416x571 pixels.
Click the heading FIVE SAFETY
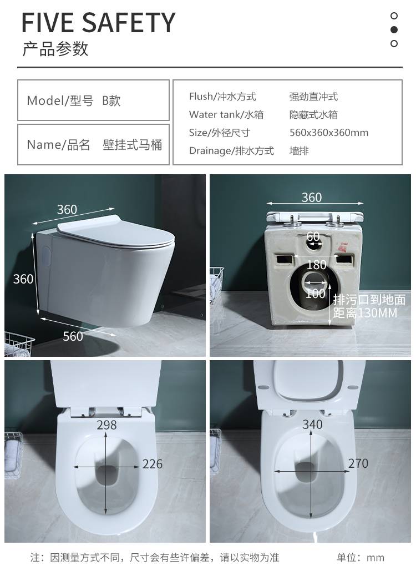pyautogui.click(x=98, y=23)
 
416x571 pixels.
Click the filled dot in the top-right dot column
pyautogui.click(x=394, y=29)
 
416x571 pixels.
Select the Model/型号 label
pyautogui.click(x=60, y=100)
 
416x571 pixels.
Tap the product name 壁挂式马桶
pyautogui.click(x=133, y=145)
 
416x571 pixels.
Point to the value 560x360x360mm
pyautogui.click(x=329, y=133)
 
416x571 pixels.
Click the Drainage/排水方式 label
pyautogui.click(x=231, y=150)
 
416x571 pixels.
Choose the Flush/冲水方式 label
pyautogui.click(x=222, y=97)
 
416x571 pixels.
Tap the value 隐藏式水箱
pyautogui.click(x=313, y=115)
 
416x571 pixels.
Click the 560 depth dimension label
pyautogui.click(x=73, y=336)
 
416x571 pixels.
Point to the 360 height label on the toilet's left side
pyautogui.click(x=23, y=279)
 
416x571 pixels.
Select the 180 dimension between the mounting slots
pyautogui.click(x=316, y=265)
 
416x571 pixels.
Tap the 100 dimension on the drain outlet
pyautogui.click(x=315, y=294)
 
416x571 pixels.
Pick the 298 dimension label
pyautogui.click(x=106, y=425)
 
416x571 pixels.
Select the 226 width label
pyautogui.click(x=153, y=464)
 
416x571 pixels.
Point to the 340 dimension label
pyautogui.click(x=312, y=425)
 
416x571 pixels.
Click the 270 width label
pyautogui.click(x=358, y=463)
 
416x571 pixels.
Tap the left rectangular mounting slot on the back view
pyautogui.click(x=285, y=259)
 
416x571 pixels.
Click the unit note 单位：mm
pyautogui.click(x=361, y=557)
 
